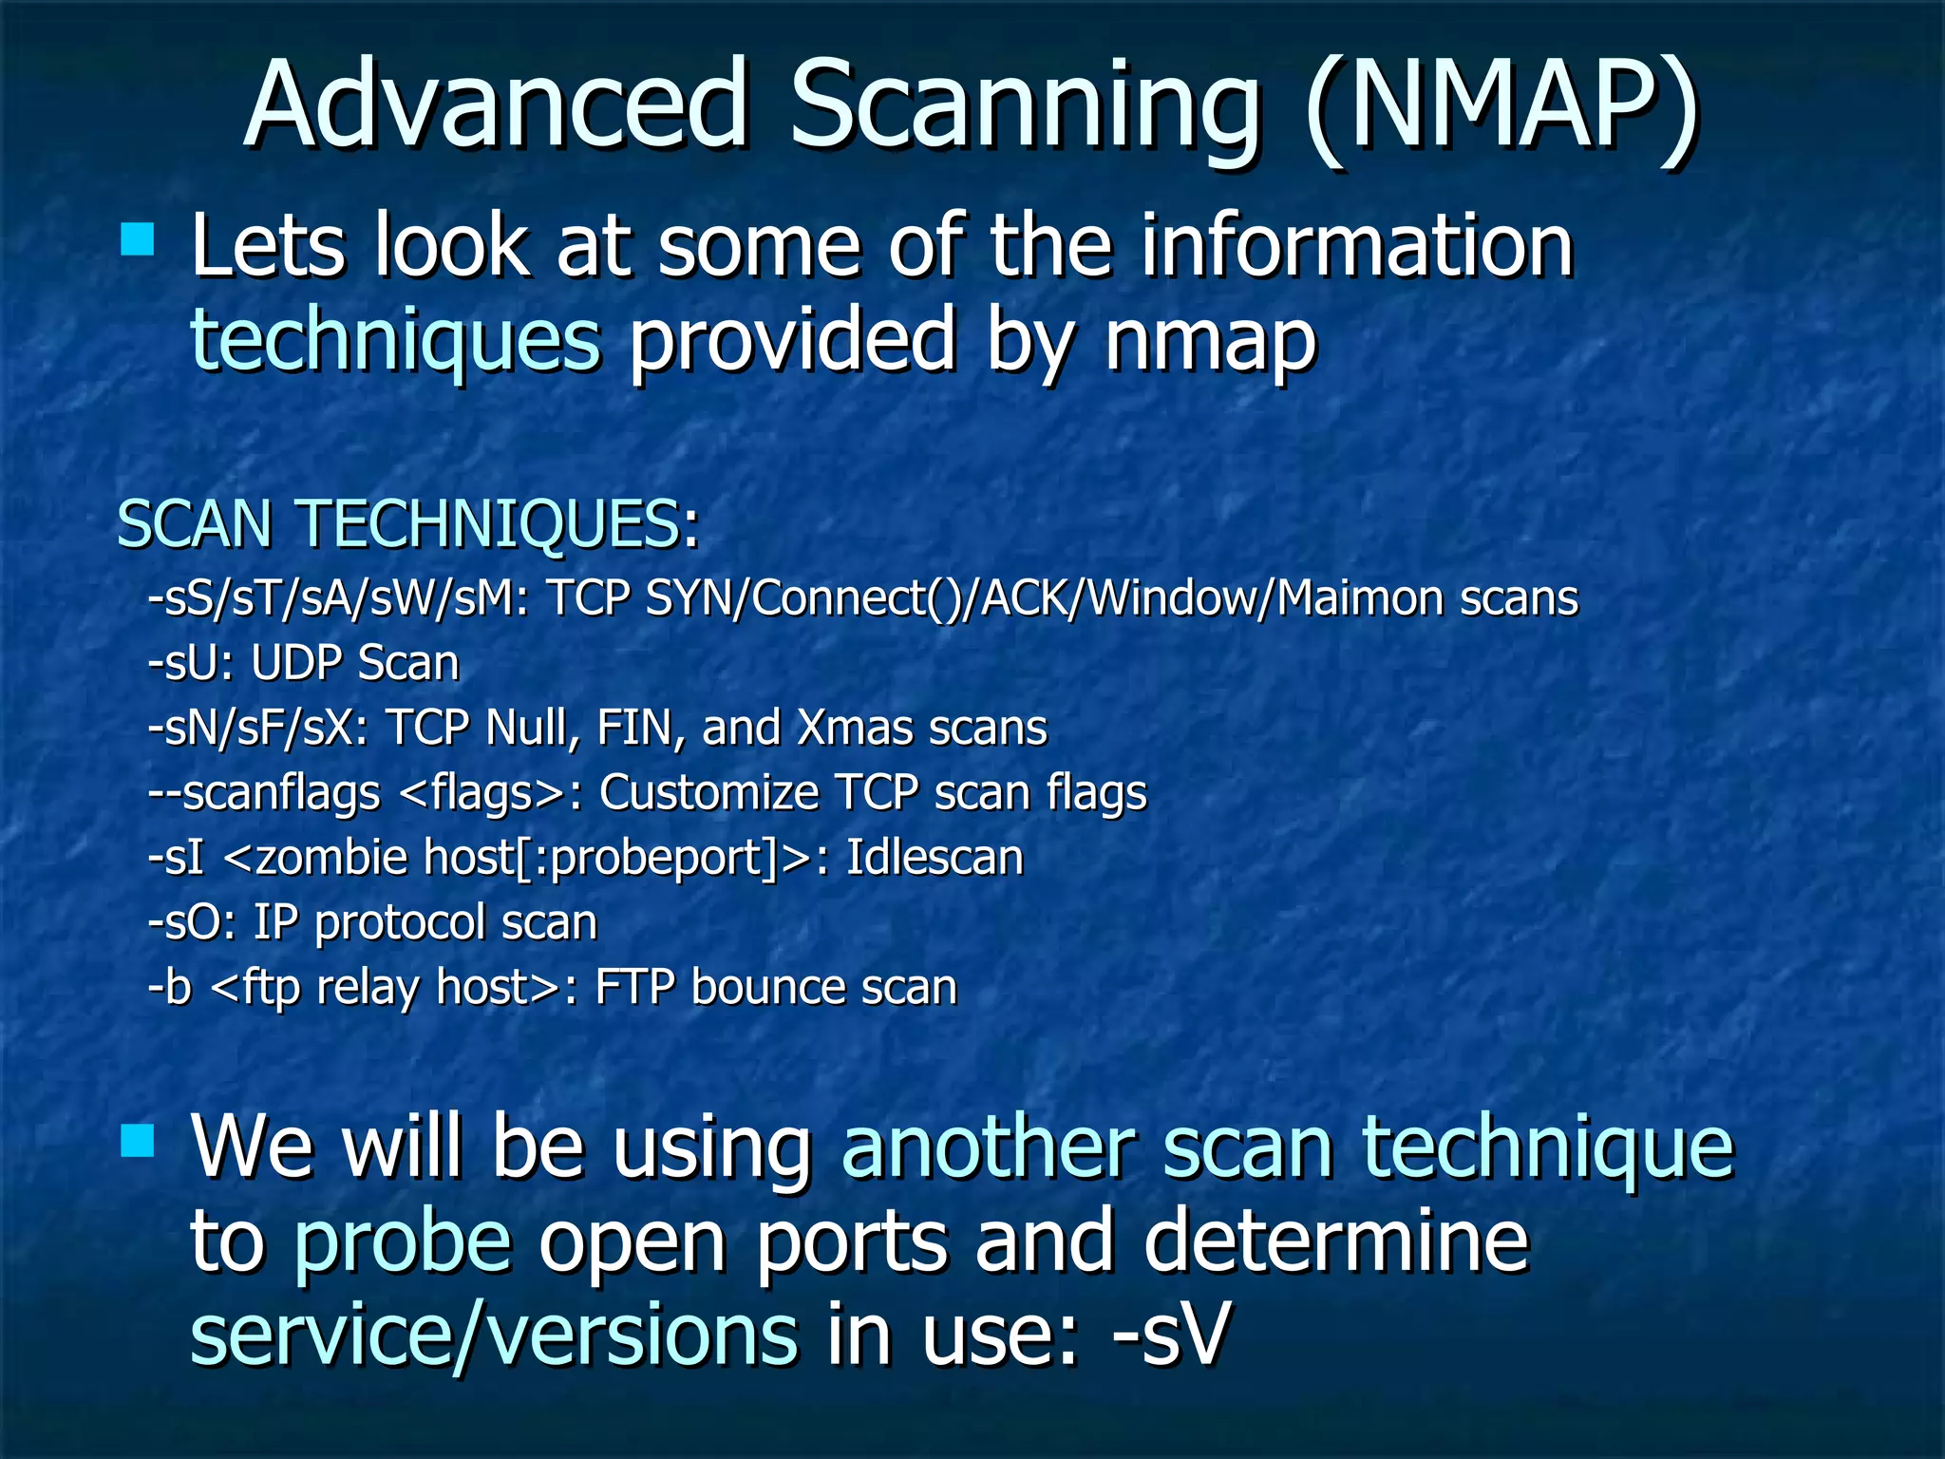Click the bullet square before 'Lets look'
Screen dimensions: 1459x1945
point(138,239)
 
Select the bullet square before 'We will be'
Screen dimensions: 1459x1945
point(138,1140)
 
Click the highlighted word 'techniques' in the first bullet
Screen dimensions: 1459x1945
point(395,340)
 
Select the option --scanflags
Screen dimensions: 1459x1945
point(264,793)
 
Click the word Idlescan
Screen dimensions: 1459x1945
point(935,858)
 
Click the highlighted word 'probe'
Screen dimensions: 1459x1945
point(402,1240)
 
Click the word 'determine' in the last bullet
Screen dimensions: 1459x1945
point(1336,1240)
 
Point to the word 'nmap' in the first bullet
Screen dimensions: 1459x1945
point(1209,340)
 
